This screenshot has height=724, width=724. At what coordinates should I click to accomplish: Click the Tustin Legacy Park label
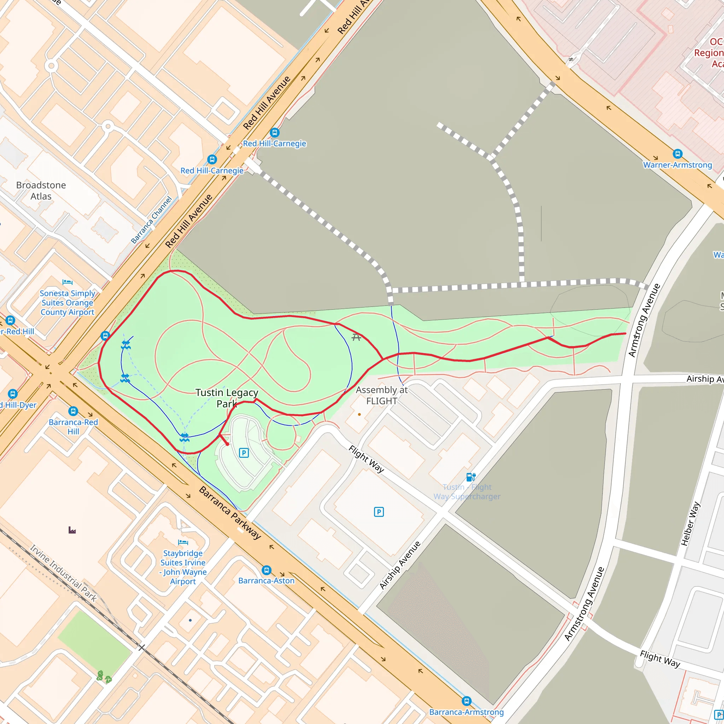[227, 398]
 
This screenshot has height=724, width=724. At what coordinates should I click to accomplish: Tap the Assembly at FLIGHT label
[381, 395]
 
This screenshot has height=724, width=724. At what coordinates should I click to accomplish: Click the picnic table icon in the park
[356, 338]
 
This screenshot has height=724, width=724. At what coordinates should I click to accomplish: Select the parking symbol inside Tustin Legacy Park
[244, 453]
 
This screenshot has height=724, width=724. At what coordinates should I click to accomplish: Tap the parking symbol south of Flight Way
[379, 512]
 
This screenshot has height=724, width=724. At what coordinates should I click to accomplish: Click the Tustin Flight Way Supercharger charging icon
[471, 477]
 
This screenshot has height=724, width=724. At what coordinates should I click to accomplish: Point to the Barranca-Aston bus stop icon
[267, 570]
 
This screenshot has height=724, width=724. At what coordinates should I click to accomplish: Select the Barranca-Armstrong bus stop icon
[467, 701]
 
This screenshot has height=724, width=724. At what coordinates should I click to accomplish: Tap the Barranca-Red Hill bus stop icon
[73, 411]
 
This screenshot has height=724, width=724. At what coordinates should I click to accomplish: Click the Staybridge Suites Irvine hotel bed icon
[183, 542]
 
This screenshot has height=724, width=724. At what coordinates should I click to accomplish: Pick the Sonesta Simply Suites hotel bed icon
[68, 282]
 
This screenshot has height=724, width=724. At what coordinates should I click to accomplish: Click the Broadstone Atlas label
[41, 191]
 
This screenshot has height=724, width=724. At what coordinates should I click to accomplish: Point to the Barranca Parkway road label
[230, 513]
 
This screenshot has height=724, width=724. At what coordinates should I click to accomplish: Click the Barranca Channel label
[151, 220]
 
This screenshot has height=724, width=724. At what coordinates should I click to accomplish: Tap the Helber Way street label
[690, 524]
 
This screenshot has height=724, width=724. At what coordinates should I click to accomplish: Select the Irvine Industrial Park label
[64, 573]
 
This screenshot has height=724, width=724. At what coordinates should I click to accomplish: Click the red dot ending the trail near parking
[227, 444]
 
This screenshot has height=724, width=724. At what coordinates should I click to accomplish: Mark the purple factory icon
[72, 530]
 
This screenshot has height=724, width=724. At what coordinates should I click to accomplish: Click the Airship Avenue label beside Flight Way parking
[400, 565]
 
